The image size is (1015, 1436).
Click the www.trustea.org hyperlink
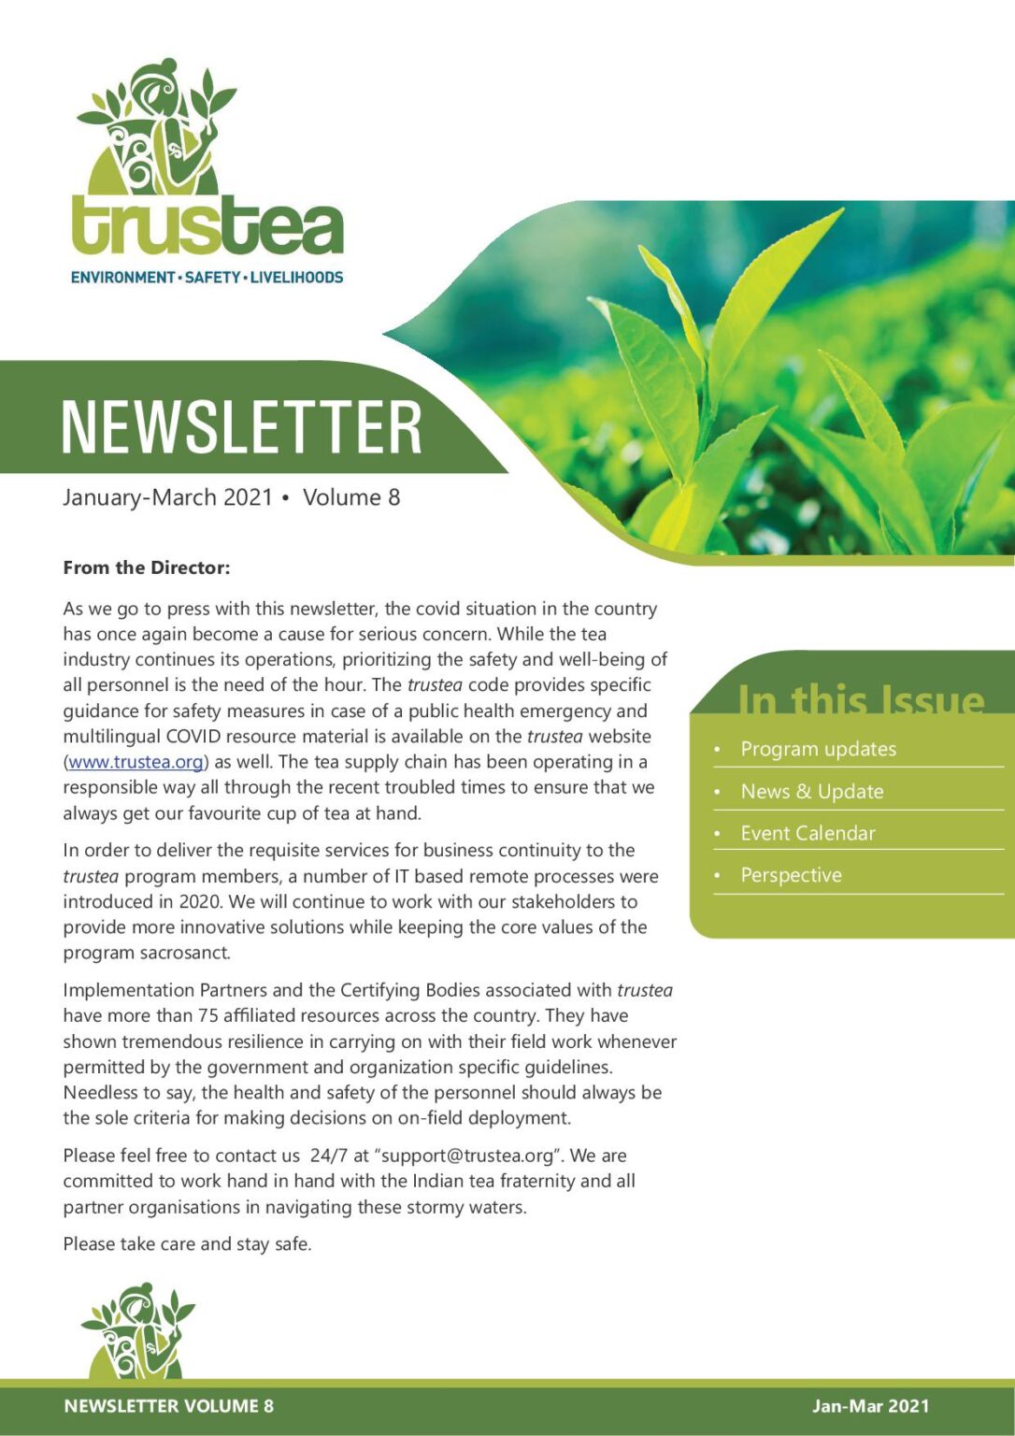(x=136, y=762)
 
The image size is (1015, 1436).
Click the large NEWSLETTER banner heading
(x=241, y=427)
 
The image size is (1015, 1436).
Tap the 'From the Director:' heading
(x=146, y=567)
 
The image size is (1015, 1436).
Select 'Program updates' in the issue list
(x=818, y=749)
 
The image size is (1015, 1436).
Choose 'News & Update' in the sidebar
(x=811, y=791)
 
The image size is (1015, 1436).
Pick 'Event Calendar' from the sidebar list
(x=808, y=833)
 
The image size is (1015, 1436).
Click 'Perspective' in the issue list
(x=791, y=875)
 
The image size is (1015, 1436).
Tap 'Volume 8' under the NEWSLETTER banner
(x=351, y=497)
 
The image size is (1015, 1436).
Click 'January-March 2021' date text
(x=167, y=497)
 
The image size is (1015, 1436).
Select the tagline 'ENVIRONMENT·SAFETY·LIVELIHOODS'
(x=207, y=278)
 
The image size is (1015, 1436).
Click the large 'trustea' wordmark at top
(x=207, y=226)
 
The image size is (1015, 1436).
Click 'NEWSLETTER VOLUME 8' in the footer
(x=168, y=1406)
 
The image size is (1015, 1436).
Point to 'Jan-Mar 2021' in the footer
(x=870, y=1406)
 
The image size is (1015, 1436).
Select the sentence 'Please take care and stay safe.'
(x=187, y=1244)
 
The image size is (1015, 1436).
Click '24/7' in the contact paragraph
(x=328, y=1156)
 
